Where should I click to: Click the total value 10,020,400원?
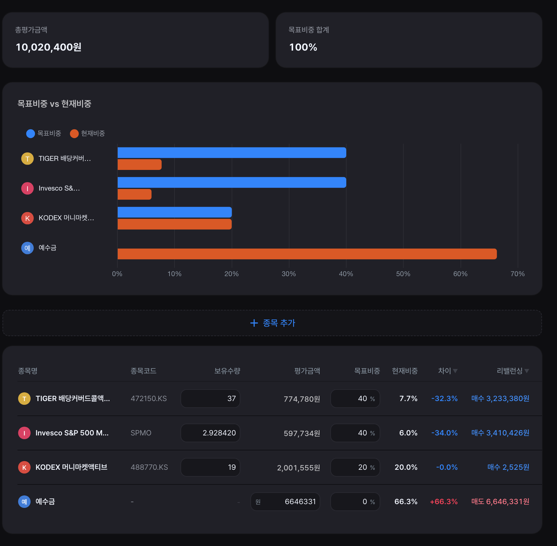point(48,47)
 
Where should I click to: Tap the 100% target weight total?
point(303,47)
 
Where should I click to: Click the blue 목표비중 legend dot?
point(31,134)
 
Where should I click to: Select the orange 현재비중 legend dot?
point(74,134)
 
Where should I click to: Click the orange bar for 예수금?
point(307,254)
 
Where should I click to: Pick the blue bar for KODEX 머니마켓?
point(175,212)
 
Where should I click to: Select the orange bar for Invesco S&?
point(135,194)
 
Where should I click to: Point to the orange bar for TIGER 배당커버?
point(140,165)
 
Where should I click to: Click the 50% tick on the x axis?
point(403,274)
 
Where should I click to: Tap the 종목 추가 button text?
point(279,323)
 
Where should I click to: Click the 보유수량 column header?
point(227,371)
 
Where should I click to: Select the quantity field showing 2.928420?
point(210,433)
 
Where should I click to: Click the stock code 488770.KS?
point(149,467)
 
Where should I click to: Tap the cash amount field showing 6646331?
point(285,502)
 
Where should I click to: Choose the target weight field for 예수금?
point(355,502)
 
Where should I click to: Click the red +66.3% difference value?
point(444,502)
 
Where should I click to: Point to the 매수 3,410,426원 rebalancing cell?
point(500,433)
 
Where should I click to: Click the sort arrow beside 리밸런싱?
point(527,371)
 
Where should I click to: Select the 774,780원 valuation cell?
point(302,399)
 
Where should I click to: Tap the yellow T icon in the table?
point(24,399)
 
